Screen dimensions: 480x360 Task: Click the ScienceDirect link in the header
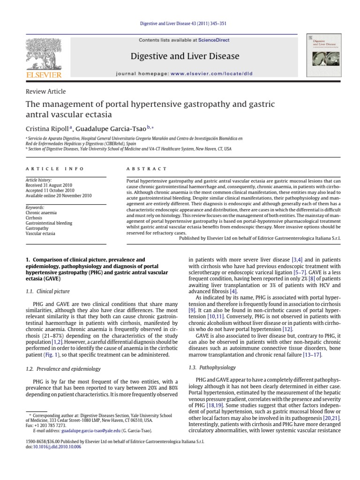coord(214,40)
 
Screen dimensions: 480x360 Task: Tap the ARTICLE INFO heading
coord(55,169)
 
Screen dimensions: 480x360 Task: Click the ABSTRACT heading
coord(147,169)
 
